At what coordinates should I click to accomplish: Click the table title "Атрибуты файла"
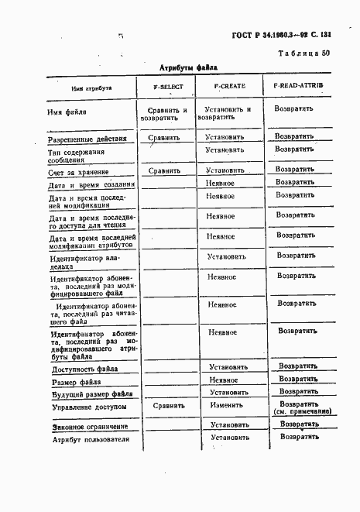(x=189, y=67)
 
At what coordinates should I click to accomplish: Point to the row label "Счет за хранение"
(x=78, y=172)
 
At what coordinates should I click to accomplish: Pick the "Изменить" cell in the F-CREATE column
(x=227, y=405)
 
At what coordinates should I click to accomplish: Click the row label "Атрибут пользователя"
(x=88, y=441)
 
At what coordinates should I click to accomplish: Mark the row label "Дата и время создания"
(x=91, y=185)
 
